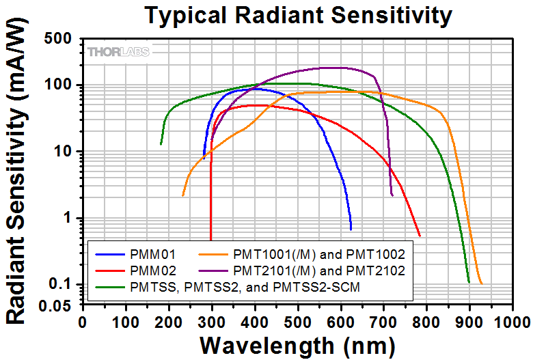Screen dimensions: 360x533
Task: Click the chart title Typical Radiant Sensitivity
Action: pyautogui.click(x=298, y=14)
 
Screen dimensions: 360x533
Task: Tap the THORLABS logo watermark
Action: pyautogui.click(x=118, y=51)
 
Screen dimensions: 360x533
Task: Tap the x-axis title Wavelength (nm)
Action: pyautogui.click(x=299, y=343)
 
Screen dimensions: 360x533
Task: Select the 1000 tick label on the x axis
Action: pyautogui.click(x=512, y=320)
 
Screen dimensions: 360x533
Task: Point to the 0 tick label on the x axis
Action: pyautogui.click(x=83, y=320)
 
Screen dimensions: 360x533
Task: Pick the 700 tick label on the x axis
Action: pyautogui.click(x=383, y=320)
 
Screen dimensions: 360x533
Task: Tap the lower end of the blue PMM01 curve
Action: pyautogui.click(x=351, y=230)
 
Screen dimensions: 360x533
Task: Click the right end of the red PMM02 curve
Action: pyautogui.click(x=420, y=236)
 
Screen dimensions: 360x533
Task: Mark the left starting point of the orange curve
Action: pyautogui.click(x=182, y=196)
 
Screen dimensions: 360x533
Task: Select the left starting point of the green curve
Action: pyautogui.click(x=161, y=144)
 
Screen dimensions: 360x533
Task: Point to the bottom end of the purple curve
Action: pyautogui.click(x=392, y=195)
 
